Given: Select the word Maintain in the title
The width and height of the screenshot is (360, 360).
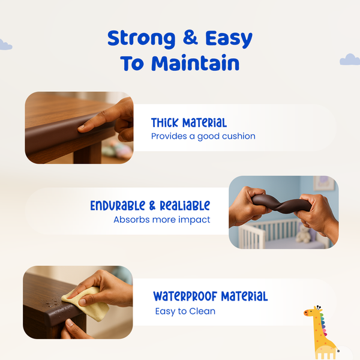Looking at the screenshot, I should pos(195,63).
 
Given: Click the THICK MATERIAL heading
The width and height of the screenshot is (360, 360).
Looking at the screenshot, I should pos(188,123).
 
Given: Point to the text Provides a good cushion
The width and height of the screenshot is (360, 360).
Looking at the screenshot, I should pos(203,136).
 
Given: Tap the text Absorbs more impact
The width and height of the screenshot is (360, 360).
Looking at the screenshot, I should pos(161,220).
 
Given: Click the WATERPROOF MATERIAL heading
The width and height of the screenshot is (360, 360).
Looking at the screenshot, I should pos(210,296).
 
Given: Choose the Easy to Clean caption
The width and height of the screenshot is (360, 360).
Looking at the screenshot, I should pos(185,311).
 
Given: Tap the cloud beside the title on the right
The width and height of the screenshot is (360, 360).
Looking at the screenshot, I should pos(350,59).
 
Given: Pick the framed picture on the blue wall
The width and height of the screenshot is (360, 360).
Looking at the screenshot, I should pos(323,183).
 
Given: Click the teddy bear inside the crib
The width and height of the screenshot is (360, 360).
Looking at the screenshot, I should pos(304,234).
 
